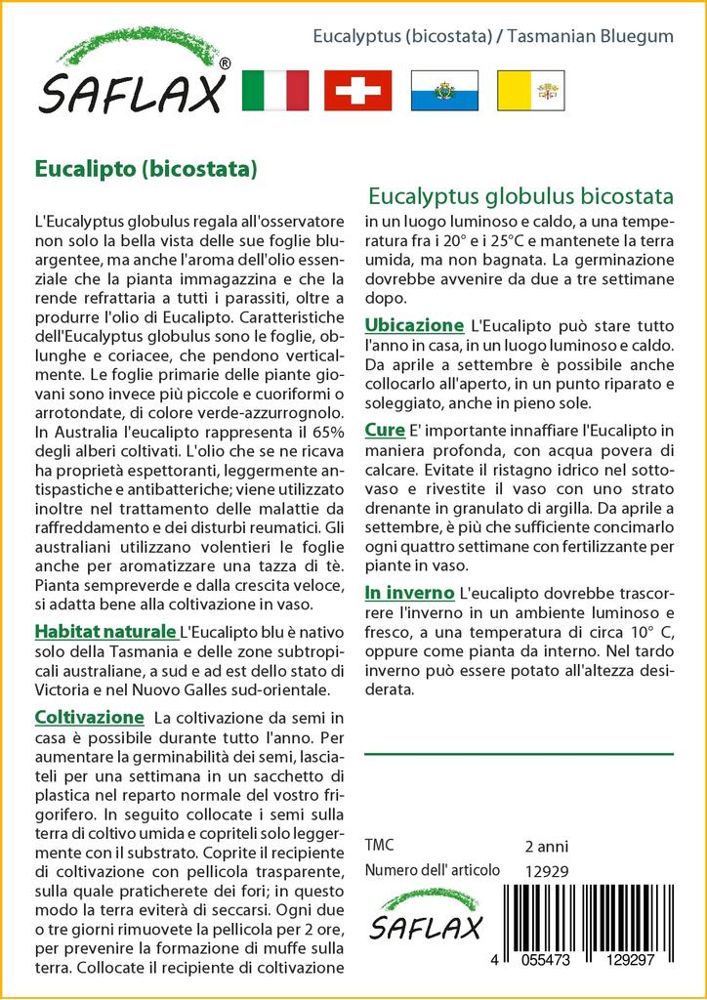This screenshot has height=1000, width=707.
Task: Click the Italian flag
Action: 274,90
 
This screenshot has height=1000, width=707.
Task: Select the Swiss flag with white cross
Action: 357,90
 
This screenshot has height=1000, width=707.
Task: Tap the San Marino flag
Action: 443,90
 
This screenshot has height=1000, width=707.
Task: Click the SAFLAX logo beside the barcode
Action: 424,919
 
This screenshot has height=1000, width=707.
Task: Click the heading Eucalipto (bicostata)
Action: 146,167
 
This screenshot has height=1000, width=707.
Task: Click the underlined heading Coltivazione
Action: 89,717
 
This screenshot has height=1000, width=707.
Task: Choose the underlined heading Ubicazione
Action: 413,324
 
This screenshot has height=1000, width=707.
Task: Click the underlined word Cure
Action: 385,430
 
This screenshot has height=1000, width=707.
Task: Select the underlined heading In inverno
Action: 408,593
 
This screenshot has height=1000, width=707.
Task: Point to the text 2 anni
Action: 546,846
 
